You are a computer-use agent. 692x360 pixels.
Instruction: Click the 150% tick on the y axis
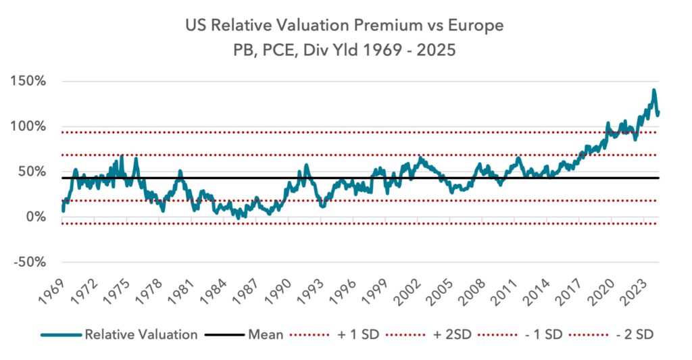30,81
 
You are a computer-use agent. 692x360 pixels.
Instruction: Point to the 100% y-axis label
30,126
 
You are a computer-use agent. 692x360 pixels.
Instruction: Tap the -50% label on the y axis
30,262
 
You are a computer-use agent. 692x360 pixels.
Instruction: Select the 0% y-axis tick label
35,217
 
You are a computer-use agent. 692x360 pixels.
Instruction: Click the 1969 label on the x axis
51,292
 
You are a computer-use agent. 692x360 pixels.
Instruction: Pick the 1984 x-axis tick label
213,292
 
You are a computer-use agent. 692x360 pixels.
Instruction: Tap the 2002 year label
407,292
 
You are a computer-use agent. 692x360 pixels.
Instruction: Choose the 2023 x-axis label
633,292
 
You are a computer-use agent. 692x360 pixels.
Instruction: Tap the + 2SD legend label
452,334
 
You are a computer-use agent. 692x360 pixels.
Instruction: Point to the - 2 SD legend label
635,334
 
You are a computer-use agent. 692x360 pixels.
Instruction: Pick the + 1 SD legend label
358,334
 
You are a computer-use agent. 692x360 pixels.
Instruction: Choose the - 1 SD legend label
544,334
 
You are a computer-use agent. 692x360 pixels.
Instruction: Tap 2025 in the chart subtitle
436,50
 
